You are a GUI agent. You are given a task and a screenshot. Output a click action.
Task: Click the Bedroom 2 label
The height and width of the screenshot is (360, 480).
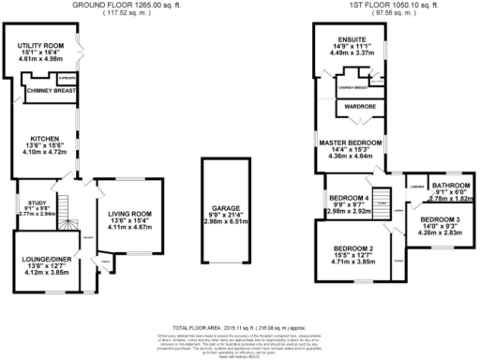point(353,248)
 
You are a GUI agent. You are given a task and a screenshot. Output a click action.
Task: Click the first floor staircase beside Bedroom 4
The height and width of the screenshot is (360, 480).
point(382,200)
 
